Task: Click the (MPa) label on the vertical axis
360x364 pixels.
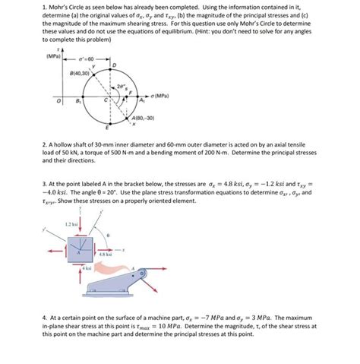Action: (x=52, y=57)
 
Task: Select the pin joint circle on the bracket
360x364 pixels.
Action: (x=133, y=268)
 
